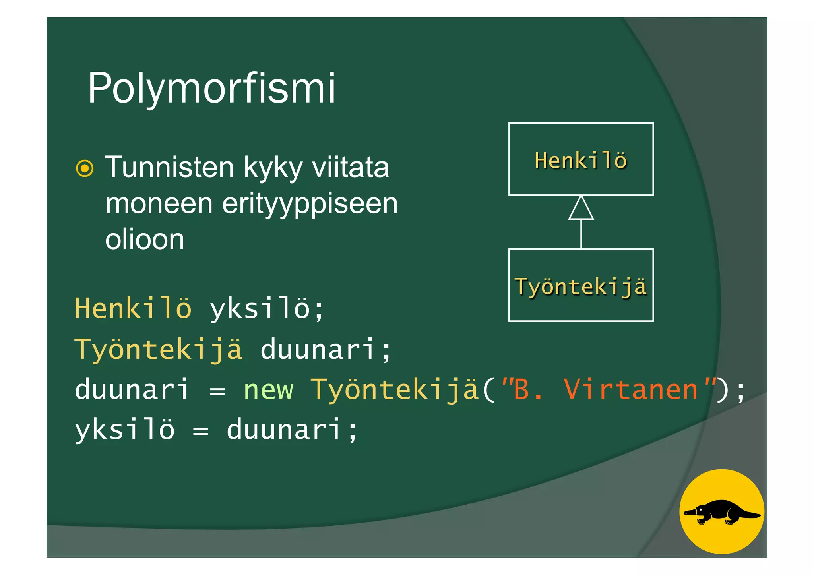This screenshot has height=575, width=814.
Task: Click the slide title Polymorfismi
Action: tap(211, 88)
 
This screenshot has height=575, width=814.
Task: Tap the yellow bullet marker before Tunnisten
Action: tap(85, 168)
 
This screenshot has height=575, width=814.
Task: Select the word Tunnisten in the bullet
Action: tap(169, 167)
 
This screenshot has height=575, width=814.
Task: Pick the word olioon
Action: tap(145, 240)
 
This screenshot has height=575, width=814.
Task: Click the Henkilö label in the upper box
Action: tap(580, 160)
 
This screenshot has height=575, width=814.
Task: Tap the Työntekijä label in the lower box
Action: tap(581, 287)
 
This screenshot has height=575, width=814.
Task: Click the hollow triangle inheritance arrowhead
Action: tap(581, 208)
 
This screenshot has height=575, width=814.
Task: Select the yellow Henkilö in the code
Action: tap(133, 308)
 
